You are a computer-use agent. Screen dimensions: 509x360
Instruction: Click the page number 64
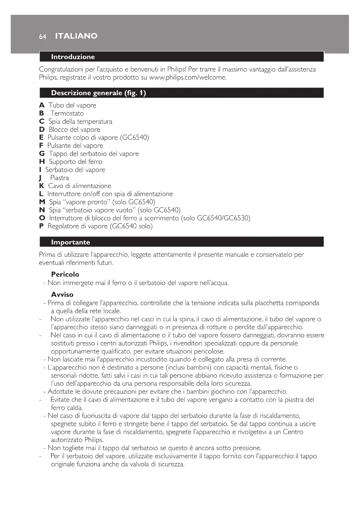click(42, 37)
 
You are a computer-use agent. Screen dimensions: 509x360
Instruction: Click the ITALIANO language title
click(76, 36)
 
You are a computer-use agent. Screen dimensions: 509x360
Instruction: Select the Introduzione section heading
click(73, 57)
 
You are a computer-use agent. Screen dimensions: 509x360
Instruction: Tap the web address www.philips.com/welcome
click(187, 77)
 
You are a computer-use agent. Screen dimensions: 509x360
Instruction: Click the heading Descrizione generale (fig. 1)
click(98, 93)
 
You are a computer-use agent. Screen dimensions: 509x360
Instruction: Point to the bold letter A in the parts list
click(42, 105)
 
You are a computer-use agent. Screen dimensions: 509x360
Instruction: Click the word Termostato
click(67, 113)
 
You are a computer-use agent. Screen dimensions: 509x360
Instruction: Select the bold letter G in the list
click(42, 154)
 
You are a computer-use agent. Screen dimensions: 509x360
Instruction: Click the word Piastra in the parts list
click(59, 178)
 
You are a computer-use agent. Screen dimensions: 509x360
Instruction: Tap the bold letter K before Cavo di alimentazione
click(42, 186)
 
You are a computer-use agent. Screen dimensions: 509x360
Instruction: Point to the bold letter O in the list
click(42, 218)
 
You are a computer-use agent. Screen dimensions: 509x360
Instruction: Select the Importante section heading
click(70, 242)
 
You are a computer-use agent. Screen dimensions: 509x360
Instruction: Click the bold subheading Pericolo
click(65, 274)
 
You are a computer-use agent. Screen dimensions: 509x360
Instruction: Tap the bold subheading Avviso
click(62, 295)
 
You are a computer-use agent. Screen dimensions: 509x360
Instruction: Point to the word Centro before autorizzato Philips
click(293, 432)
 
